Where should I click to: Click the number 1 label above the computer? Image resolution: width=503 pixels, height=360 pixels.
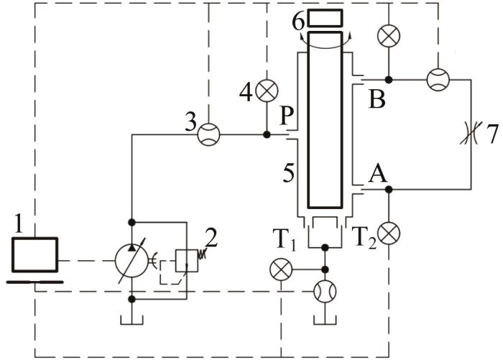pyautogui.click(x=19, y=223)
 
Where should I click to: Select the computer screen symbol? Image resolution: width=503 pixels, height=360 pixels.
pyautogui.click(x=35, y=255)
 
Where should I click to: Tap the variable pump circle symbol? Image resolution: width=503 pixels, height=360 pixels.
pyautogui.click(x=131, y=261)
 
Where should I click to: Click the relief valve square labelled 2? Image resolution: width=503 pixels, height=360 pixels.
pyautogui.click(x=187, y=261)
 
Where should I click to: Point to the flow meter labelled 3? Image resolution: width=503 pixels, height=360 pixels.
pyautogui.click(x=208, y=135)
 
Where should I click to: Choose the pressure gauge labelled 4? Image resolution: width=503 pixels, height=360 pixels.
pyautogui.click(x=267, y=91)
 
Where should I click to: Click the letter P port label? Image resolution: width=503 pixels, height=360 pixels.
pyautogui.click(x=287, y=116)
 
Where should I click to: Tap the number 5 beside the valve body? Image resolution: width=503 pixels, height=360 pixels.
pyautogui.click(x=288, y=173)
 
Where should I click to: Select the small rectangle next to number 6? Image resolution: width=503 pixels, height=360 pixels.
pyautogui.click(x=325, y=18)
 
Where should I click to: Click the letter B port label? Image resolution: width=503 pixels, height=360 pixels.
pyautogui.click(x=377, y=99)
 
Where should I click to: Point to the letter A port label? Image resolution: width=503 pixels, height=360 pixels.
pyautogui.click(x=377, y=174)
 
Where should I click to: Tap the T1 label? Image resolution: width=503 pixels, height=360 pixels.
pyautogui.click(x=285, y=239)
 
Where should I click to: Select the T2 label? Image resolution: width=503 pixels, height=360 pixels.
pyautogui.click(x=364, y=238)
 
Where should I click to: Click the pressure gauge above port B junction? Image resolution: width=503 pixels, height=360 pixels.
pyautogui.click(x=389, y=36)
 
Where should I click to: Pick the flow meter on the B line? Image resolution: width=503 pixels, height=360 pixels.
pyautogui.click(x=438, y=80)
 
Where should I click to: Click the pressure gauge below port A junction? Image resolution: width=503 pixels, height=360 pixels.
pyautogui.click(x=389, y=234)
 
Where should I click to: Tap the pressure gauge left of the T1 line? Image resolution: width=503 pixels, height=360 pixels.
pyautogui.click(x=281, y=269)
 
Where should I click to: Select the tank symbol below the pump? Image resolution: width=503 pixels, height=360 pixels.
pyautogui.click(x=131, y=320)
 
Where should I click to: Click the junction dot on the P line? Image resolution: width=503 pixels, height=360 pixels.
pyautogui.click(x=267, y=135)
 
